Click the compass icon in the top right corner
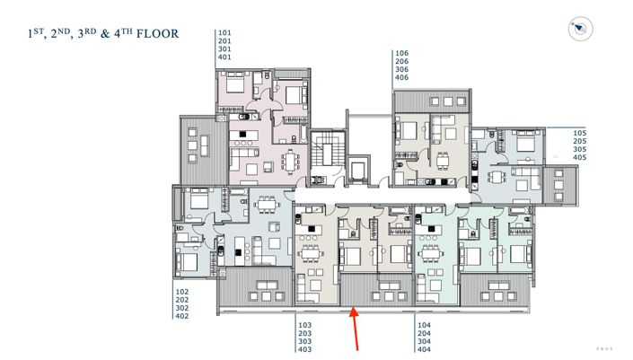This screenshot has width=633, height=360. pos(579,30)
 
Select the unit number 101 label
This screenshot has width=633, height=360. pos(224,33)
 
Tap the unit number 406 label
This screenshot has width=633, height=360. pos(401,78)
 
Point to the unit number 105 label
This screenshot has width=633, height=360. pos(579,133)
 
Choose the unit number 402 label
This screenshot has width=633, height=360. pos(182,316)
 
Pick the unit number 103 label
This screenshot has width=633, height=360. pos(303,325)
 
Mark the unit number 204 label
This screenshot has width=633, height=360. pos(425,333)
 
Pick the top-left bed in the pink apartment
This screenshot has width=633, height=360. pos(234,87)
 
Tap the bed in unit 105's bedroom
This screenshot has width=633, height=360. pos(523,141)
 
